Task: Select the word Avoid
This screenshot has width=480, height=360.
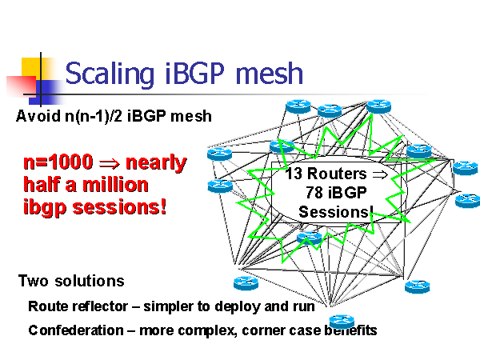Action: pyautogui.click(x=34, y=117)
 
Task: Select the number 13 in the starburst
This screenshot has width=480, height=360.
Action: pyautogui.click(x=294, y=174)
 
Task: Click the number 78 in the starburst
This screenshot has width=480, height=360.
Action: pyautogui.click(x=314, y=193)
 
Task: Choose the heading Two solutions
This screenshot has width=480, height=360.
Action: pyautogui.click(x=71, y=282)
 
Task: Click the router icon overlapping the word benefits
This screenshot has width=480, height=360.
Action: pyautogui.click(x=340, y=322)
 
